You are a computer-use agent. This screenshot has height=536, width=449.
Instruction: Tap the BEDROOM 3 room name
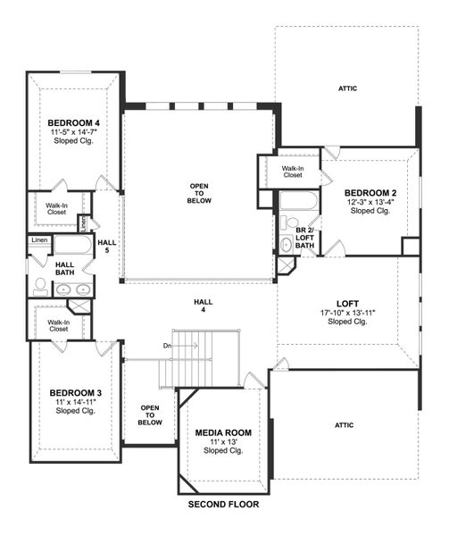point(75,393)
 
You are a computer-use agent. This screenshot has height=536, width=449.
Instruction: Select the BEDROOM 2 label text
point(370,193)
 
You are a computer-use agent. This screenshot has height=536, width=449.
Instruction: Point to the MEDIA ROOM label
point(223,432)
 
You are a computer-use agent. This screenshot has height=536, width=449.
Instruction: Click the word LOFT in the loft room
point(348,303)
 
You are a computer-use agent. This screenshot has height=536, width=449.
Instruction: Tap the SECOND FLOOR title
point(223,505)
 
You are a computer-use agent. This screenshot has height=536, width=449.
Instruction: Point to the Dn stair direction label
point(165,345)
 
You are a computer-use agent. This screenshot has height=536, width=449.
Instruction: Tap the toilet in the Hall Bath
point(40,286)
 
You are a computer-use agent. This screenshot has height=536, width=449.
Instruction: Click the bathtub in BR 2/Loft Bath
point(298,200)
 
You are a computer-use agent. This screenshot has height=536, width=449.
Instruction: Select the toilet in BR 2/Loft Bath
point(290,223)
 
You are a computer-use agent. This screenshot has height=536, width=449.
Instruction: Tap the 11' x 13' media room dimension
point(223,442)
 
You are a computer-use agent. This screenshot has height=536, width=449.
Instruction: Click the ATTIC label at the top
point(348,88)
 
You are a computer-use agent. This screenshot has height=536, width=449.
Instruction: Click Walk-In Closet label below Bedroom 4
point(58,208)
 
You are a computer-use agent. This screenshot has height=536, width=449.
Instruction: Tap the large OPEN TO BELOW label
point(198,192)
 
